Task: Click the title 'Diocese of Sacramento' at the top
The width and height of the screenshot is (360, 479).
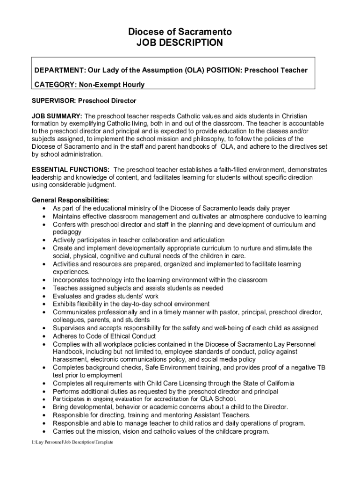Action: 180,32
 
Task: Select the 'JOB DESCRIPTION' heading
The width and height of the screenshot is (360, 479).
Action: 180,43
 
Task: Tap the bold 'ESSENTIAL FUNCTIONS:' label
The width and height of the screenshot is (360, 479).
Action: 71,169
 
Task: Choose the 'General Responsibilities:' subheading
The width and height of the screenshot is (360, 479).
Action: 70,200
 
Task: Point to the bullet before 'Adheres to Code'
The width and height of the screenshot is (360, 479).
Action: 43,336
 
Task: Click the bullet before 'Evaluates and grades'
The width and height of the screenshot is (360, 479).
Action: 43,297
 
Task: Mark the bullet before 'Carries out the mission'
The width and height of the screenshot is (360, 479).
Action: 43,432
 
